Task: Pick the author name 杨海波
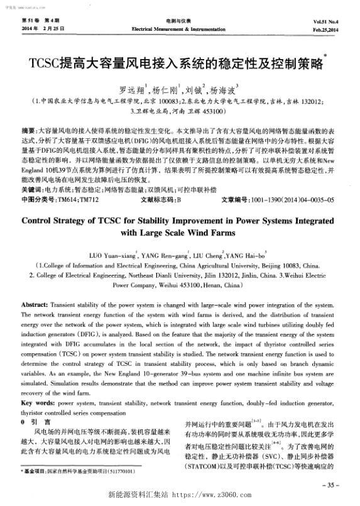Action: click(x=227, y=89)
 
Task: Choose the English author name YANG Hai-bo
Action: click(x=232, y=255)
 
